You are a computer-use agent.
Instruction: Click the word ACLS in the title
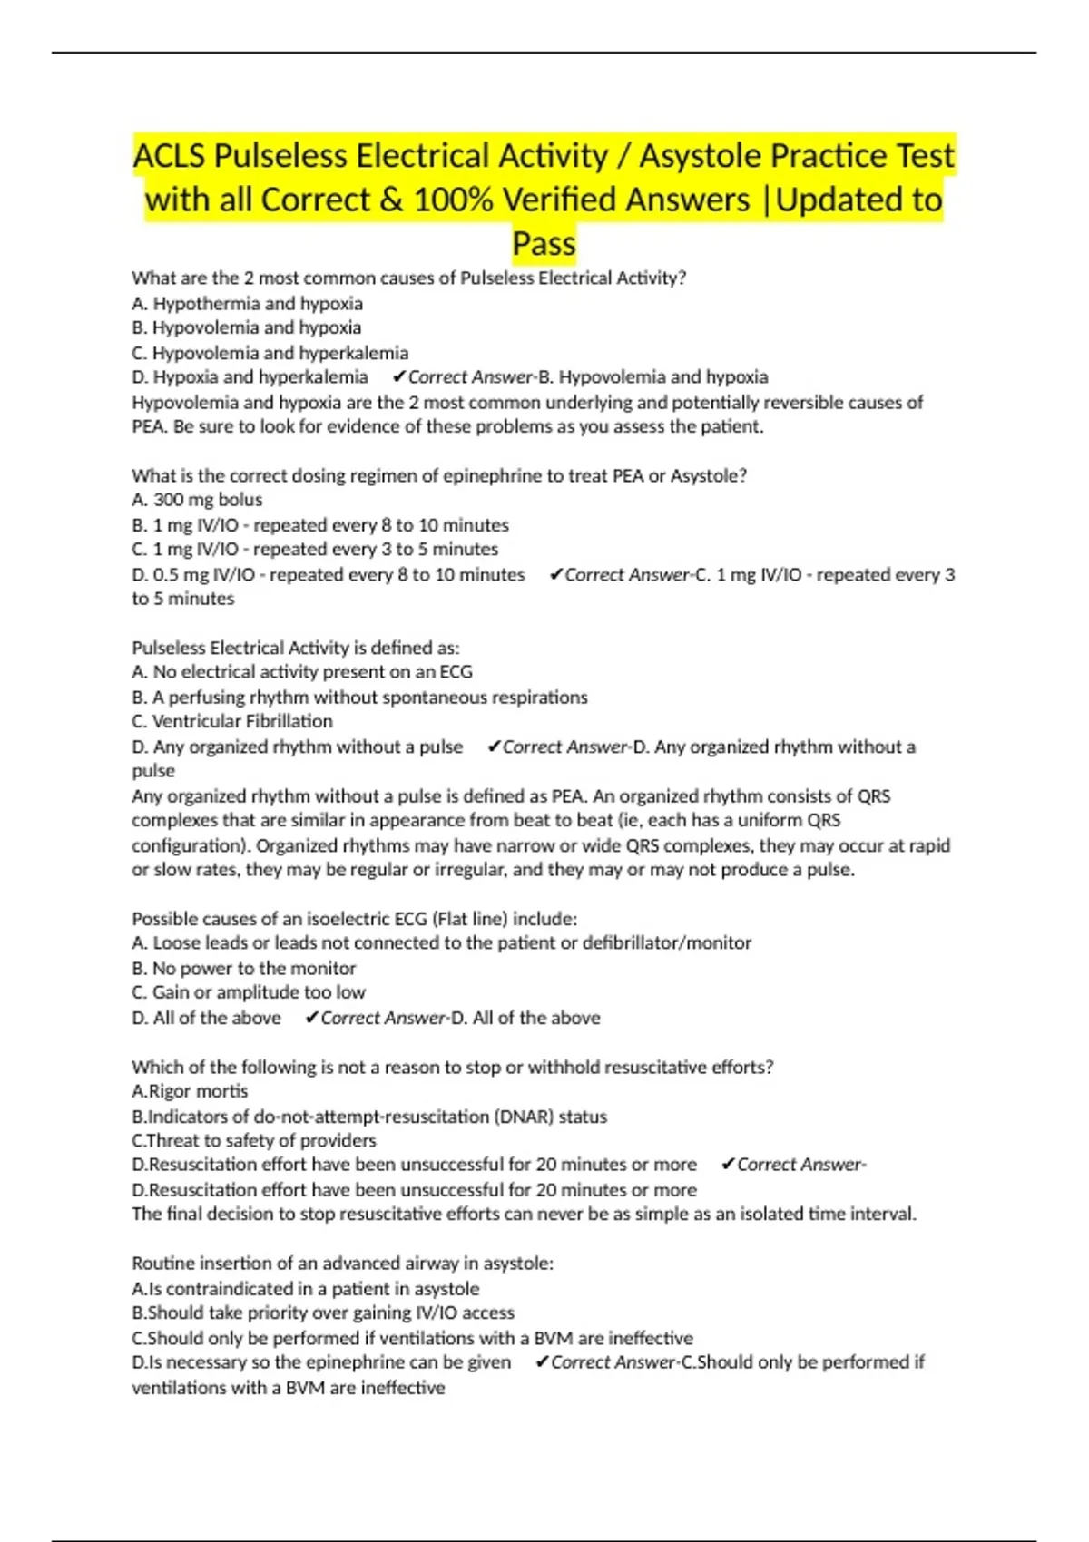(170, 156)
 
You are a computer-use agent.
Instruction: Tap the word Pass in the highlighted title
(544, 244)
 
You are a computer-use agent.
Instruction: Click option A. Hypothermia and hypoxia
(247, 304)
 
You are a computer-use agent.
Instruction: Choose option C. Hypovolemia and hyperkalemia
(270, 353)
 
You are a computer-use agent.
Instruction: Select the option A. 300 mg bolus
(197, 500)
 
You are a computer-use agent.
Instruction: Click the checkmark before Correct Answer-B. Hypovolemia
(398, 377)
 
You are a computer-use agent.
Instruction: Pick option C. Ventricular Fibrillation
(232, 721)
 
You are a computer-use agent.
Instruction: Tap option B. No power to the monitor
(243, 968)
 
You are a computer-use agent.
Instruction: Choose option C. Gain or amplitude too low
(249, 992)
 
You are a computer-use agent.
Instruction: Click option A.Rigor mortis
(190, 1091)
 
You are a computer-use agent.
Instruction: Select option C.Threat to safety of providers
(253, 1140)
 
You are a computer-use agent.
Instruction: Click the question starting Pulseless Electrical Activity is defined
(296, 648)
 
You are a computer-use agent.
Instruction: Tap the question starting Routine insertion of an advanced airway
(342, 1263)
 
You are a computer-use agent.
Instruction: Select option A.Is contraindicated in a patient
(305, 1289)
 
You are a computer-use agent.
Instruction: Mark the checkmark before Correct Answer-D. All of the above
(311, 1018)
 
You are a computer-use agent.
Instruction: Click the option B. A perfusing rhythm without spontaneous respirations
(359, 698)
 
